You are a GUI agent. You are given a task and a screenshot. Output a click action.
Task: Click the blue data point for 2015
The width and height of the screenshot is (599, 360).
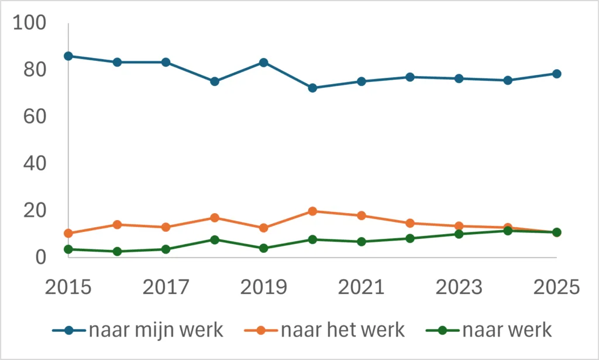pyautogui.click(x=68, y=56)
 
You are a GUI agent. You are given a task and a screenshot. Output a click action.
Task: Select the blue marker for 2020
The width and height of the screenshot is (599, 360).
pyautogui.click(x=312, y=88)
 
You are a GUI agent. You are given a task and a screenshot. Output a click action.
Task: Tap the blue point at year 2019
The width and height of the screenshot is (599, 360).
pyautogui.click(x=264, y=63)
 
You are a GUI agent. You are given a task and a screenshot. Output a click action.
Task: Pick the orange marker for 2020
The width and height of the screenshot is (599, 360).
pyautogui.click(x=312, y=211)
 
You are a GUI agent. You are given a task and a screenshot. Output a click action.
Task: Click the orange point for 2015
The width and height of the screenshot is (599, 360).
pyautogui.click(x=68, y=234)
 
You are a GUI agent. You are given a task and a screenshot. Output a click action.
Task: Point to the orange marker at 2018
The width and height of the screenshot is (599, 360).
pyautogui.click(x=215, y=218)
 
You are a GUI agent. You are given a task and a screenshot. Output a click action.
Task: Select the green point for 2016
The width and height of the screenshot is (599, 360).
pyautogui.click(x=117, y=252)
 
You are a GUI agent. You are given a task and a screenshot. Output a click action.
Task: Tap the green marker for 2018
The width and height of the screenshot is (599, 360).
pyautogui.click(x=215, y=240)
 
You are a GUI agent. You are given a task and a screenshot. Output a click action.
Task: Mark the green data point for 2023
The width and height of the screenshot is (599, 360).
pyautogui.click(x=459, y=234)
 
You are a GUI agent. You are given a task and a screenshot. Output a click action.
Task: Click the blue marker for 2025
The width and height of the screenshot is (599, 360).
pyautogui.click(x=557, y=74)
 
